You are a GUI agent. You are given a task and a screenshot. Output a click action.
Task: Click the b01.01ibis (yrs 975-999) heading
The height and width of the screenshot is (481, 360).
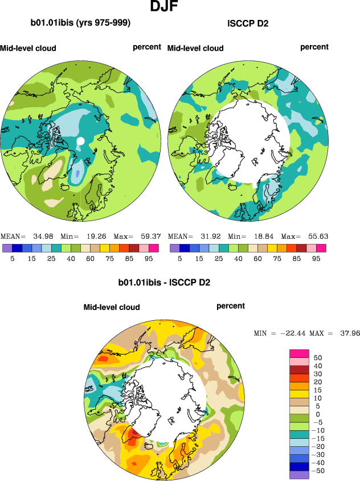[x=81, y=23]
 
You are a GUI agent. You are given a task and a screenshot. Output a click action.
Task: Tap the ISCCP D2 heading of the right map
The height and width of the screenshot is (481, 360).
[x=247, y=24]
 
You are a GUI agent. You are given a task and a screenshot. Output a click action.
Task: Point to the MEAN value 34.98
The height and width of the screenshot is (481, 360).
[x=36, y=236]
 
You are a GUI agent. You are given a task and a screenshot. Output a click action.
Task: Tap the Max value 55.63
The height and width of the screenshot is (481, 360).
[x=317, y=236]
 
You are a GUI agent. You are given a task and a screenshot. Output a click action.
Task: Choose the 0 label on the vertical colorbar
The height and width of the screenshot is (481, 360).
[x=318, y=414]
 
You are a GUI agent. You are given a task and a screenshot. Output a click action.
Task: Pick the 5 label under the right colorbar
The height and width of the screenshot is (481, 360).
[x=179, y=258]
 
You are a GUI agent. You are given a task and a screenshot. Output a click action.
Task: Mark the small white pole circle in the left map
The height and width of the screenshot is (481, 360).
[x=80, y=140]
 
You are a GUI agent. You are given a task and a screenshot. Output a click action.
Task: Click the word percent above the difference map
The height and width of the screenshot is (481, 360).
[x=231, y=306]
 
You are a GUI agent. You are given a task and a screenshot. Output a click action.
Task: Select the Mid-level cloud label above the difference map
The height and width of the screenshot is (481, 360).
[x=112, y=307]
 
